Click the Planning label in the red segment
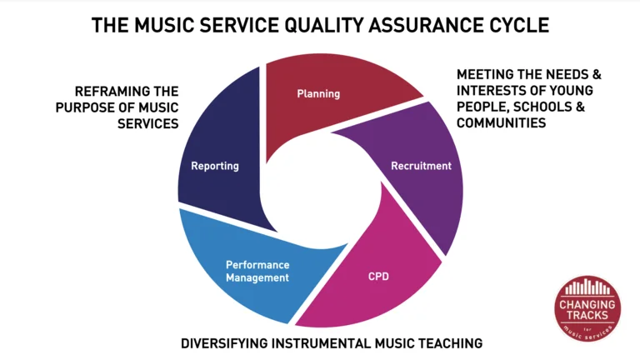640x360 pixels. click(x=318, y=94)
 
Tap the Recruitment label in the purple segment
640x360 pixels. click(x=421, y=166)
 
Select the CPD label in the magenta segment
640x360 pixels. click(x=378, y=277)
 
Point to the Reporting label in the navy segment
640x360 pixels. click(x=215, y=166)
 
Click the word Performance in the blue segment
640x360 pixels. click(x=257, y=265)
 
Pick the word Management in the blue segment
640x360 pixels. click(x=257, y=278)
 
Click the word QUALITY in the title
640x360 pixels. click(x=324, y=25)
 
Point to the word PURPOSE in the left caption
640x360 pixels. click(x=85, y=107)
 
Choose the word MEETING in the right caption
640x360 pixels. click(x=485, y=74)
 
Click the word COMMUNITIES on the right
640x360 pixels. click(x=501, y=122)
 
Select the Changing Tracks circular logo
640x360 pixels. click(x=587, y=308)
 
